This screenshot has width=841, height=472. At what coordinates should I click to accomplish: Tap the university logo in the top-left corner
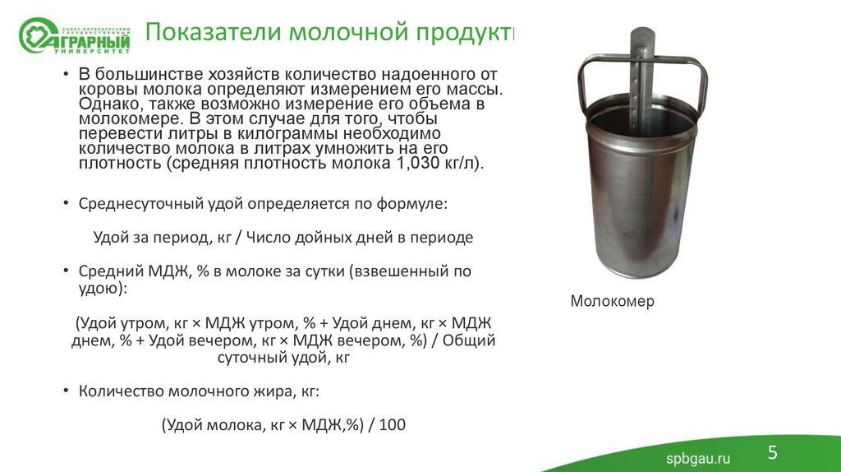(x=74, y=35)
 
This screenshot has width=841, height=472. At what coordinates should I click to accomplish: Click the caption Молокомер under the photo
(x=612, y=301)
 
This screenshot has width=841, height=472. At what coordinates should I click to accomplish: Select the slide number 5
(x=772, y=451)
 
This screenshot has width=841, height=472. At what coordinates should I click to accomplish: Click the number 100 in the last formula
(x=393, y=425)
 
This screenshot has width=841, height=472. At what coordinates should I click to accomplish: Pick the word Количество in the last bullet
(x=120, y=391)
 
